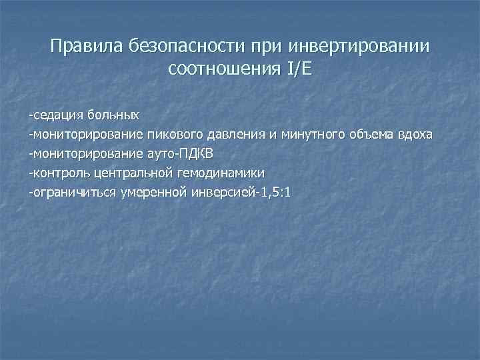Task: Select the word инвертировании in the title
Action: tap(359, 47)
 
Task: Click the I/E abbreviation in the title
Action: tap(295, 69)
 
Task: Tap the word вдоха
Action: tap(416, 135)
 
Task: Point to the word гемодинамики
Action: tap(223, 174)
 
